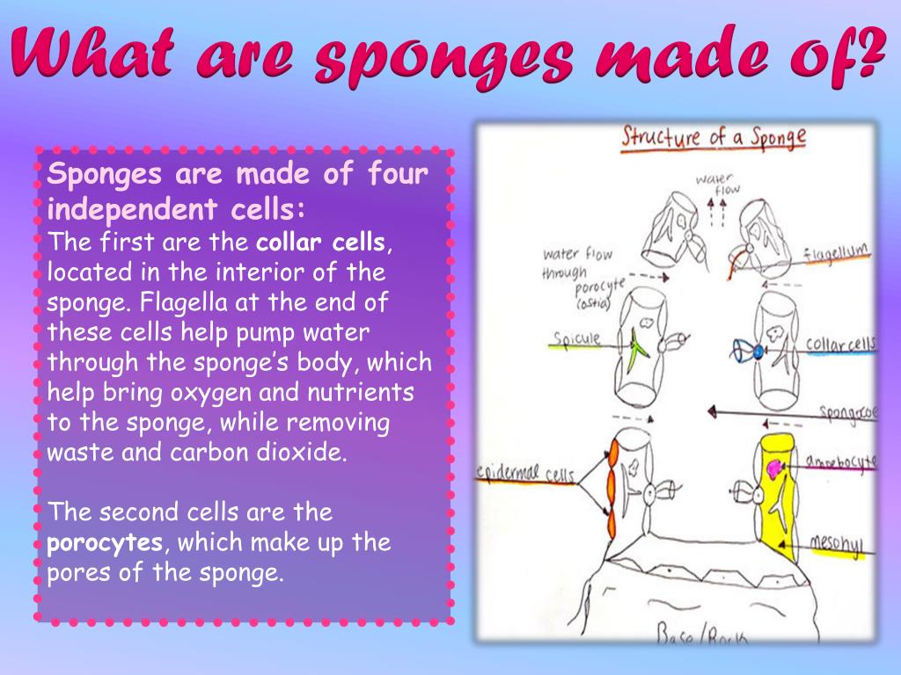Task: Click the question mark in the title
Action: tap(867, 54)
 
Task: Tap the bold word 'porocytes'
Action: tap(106, 542)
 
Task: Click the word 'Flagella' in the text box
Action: tap(177, 302)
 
